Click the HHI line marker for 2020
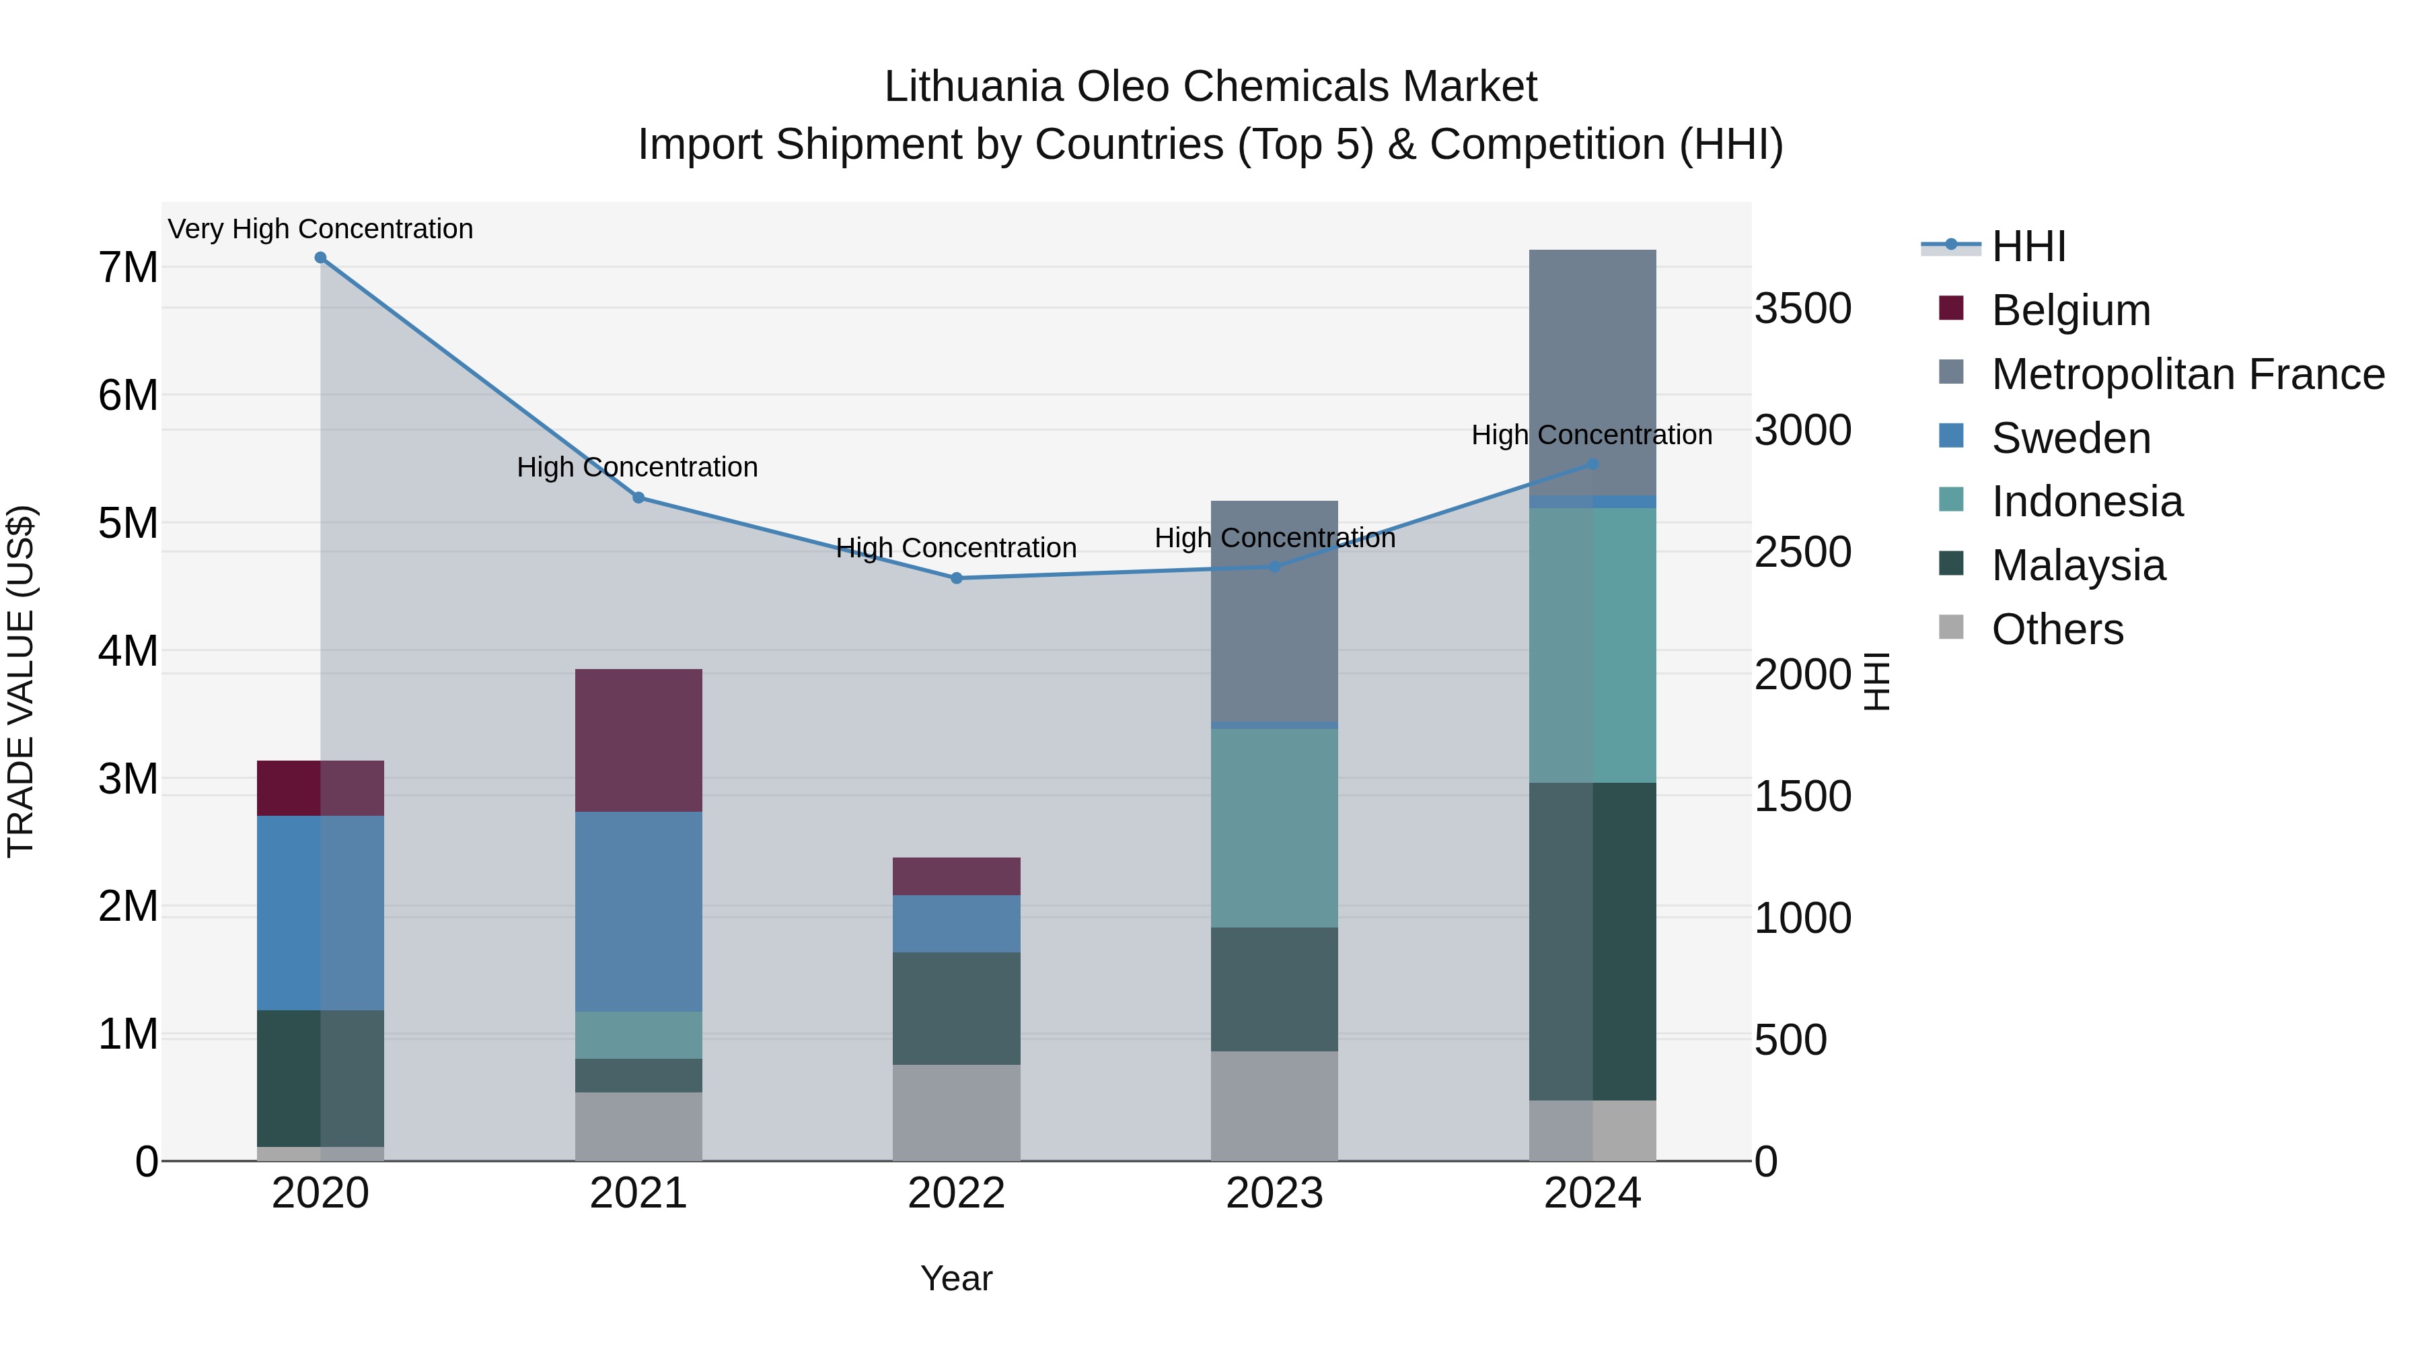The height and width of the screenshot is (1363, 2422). (321, 258)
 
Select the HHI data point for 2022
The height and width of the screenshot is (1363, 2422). (956, 578)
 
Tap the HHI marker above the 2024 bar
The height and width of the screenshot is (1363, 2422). (1592, 464)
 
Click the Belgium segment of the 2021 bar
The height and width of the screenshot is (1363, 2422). (638, 740)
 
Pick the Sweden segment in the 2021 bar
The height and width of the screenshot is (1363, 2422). (638, 911)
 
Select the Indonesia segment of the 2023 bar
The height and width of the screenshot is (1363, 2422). (1274, 828)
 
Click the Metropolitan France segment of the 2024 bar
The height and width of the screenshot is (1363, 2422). (1592, 372)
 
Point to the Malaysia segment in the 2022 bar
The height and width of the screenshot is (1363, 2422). (956, 1008)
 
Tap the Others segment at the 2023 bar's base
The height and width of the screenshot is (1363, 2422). (1274, 1105)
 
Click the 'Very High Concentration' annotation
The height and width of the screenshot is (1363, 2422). (321, 230)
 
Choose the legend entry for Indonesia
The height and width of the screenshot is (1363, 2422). (2086, 501)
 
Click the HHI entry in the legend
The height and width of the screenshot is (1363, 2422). (2027, 246)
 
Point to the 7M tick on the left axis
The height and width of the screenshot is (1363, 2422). (128, 268)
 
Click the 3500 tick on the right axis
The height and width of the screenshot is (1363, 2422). (1802, 308)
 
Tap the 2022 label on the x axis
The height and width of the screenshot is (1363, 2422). (956, 1193)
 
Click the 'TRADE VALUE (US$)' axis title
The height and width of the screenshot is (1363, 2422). (21, 681)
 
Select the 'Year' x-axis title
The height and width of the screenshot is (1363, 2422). (956, 1278)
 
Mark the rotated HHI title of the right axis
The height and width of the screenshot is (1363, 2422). (1876, 681)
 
